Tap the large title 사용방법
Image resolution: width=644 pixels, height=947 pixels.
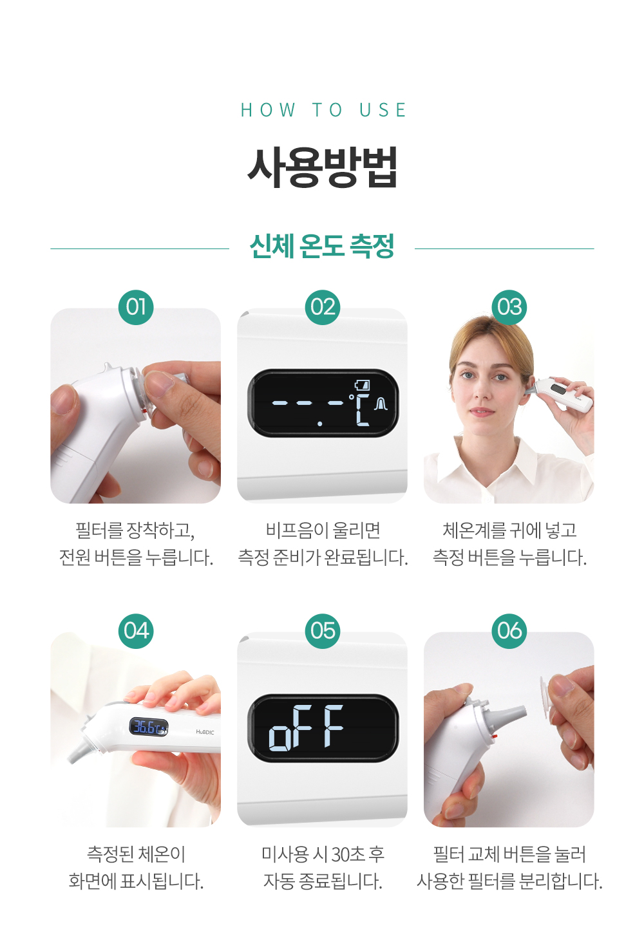click(x=322, y=167)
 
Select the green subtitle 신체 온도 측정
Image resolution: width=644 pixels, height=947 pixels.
click(x=322, y=246)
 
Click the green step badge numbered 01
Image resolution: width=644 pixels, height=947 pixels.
click(x=136, y=307)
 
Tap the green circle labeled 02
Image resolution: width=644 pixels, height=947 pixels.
click(x=323, y=307)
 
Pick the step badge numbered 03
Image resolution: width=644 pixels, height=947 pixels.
click(x=509, y=307)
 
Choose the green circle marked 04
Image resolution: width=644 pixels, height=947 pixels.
click(x=136, y=631)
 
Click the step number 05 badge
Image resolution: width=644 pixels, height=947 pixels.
click(x=323, y=631)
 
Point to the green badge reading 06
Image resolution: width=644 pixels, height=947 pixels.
click(x=509, y=631)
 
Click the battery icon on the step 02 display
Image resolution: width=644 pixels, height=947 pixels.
click(x=362, y=385)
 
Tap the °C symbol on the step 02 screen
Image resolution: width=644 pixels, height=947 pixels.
click(x=359, y=409)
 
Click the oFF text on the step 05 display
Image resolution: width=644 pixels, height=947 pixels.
click(x=306, y=727)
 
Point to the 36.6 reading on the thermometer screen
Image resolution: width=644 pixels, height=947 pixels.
click(x=144, y=727)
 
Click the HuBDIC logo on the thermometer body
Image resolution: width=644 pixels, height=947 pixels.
click(x=205, y=732)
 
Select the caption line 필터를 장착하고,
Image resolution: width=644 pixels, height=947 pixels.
click(x=135, y=530)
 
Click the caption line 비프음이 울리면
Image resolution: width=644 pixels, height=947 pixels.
click(x=323, y=530)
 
